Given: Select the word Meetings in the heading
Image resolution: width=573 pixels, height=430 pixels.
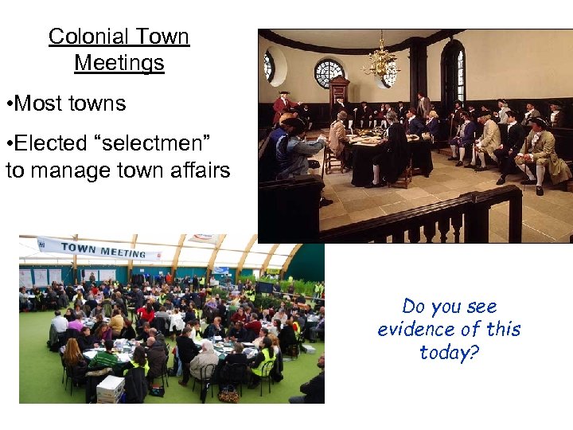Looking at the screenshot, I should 119,63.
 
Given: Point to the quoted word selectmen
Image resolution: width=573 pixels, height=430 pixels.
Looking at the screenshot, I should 154,143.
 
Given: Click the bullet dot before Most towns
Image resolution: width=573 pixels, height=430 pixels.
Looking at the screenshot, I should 8,104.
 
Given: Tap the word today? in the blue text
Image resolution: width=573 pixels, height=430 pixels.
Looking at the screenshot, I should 450,352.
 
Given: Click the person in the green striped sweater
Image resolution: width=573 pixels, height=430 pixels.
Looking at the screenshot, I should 103,358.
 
